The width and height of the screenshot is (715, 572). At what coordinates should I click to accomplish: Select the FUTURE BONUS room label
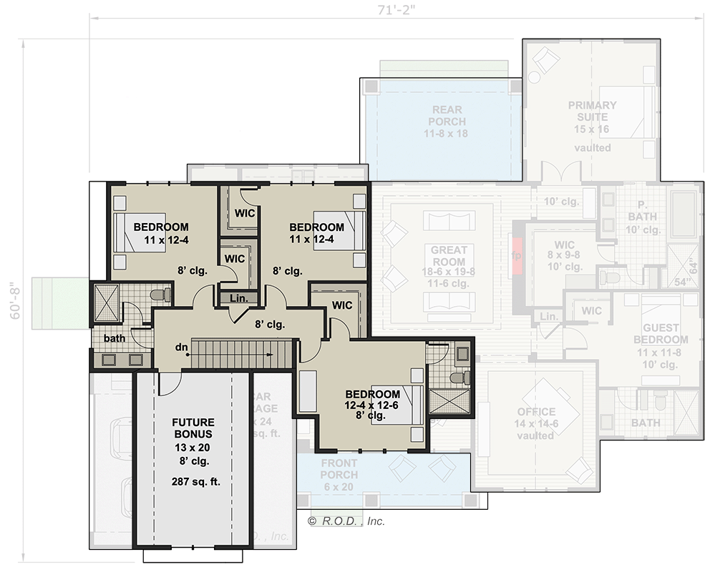pos(193,428)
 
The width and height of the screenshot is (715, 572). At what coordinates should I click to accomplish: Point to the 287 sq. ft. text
pos(196,481)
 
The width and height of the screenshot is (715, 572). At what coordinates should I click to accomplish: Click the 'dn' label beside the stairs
pos(182,347)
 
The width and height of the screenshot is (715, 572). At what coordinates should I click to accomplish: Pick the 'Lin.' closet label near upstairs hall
pos(230,298)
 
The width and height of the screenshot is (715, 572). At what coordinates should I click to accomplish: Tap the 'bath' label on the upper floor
pos(115,337)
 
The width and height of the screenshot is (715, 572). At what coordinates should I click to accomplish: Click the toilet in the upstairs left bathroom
pos(161,294)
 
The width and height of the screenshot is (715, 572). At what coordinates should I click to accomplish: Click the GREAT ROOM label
pos(449,256)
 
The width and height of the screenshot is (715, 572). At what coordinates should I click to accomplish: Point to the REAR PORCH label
pos(447,116)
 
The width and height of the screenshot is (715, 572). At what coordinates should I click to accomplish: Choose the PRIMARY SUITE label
pos(592,111)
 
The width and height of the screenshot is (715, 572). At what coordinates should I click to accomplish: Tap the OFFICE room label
pos(536,412)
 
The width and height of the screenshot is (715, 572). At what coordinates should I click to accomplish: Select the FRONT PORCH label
pos(339,469)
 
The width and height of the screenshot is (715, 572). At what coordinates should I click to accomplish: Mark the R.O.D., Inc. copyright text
pos(346,521)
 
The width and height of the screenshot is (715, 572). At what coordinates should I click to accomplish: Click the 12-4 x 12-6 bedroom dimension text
pos(372,405)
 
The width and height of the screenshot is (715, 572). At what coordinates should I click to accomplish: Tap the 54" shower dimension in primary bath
pos(683,281)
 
